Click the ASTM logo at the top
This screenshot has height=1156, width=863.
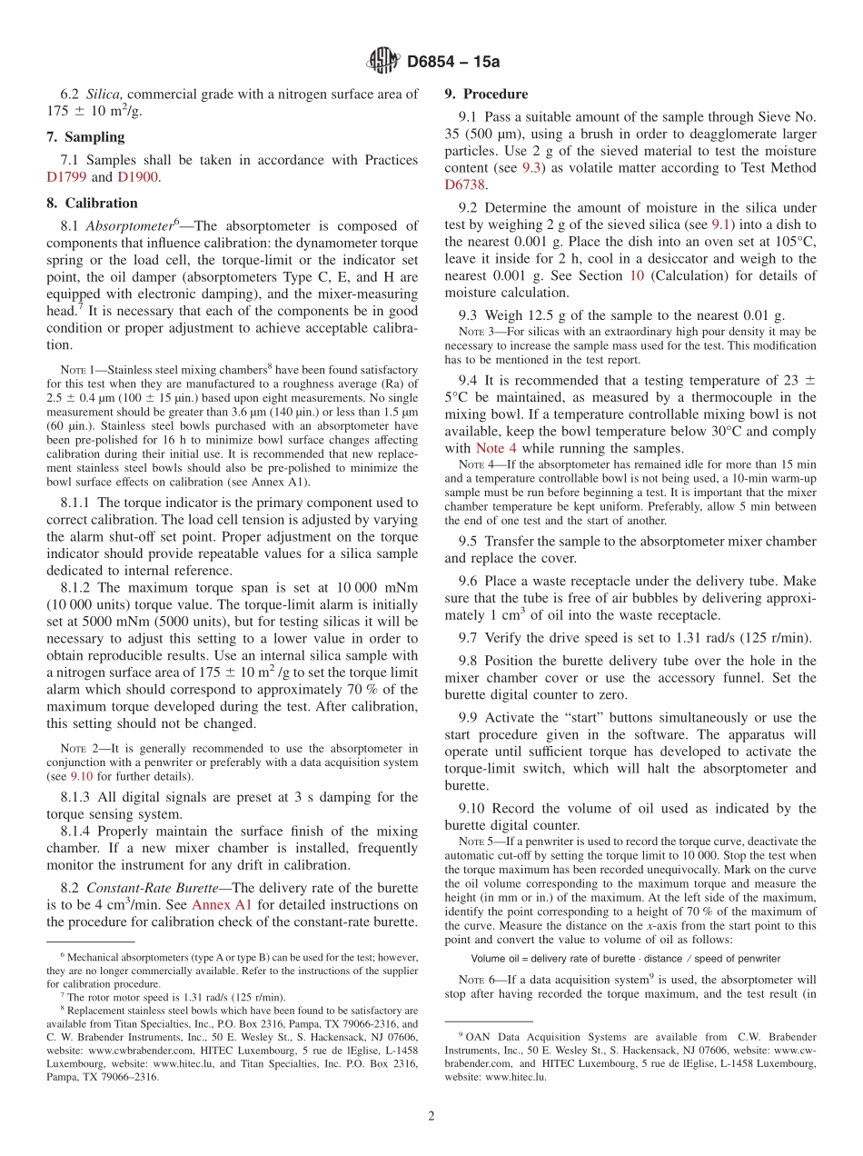(382, 61)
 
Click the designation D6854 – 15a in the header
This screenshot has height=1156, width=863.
(453, 62)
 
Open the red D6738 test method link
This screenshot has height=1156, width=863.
(466, 184)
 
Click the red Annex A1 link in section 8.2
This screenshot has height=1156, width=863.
(217, 904)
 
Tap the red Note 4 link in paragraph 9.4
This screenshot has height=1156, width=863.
(497, 448)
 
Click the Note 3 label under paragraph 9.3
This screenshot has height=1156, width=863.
(481, 332)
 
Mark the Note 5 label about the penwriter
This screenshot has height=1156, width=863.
(481, 842)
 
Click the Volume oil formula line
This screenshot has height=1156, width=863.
(625, 958)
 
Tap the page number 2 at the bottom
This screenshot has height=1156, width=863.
(431, 1116)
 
